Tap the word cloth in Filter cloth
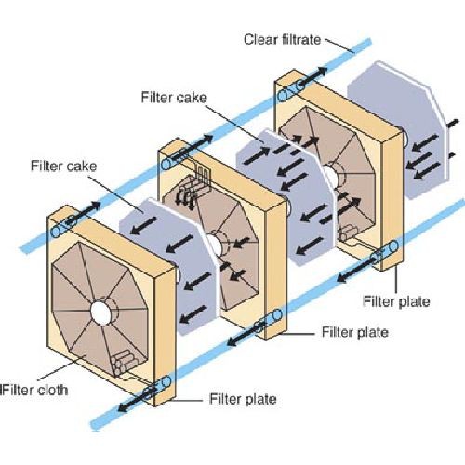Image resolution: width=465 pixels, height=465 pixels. tap(52, 390)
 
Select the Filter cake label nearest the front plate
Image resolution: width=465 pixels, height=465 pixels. tap(63, 166)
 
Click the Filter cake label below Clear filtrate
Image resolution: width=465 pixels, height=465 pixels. tap(174, 98)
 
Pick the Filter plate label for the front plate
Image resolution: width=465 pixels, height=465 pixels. tap(243, 399)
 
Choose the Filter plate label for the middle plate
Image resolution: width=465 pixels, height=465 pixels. tap(355, 332)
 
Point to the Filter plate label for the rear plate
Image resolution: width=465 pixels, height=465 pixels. tap(396, 301)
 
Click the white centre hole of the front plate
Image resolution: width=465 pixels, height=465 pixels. tap(101, 312)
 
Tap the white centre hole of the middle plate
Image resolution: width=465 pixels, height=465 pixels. tap(213, 245)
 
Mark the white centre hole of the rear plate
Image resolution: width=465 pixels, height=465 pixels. tap(330, 177)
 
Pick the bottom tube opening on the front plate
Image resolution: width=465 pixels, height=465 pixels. tap(166, 381)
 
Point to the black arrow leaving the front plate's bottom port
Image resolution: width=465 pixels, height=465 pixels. tap(136, 399)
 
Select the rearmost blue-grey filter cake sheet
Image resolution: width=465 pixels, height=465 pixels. tap(399, 130)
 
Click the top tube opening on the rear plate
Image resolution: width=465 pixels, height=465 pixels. tap(282, 96)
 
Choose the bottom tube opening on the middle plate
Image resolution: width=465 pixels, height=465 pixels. tap(277, 315)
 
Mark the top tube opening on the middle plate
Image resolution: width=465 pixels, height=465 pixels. tap(166, 164)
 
